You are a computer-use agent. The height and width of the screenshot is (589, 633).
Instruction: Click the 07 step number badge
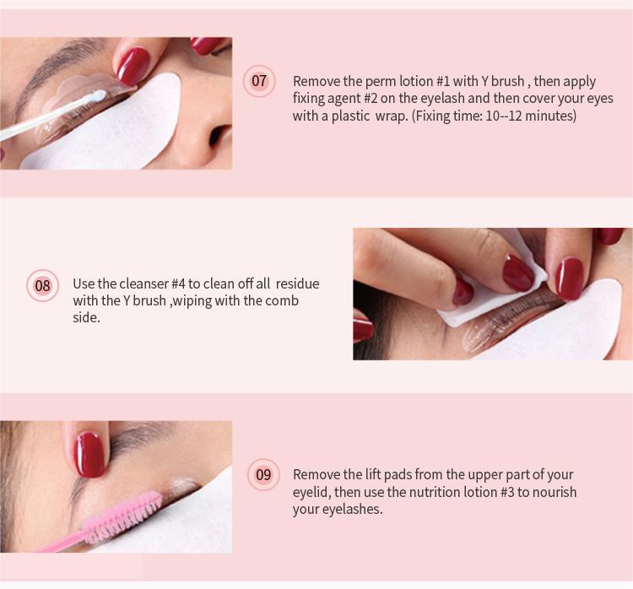[259, 81]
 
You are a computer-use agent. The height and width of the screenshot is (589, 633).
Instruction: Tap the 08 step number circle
[42, 285]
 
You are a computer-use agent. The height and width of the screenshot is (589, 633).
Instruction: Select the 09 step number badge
[264, 474]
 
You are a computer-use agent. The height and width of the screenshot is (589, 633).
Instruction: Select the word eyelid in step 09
[311, 492]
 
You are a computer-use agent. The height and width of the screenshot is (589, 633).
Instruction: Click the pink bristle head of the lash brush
[127, 512]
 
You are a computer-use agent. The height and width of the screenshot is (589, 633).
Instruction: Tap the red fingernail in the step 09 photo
[89, 453]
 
